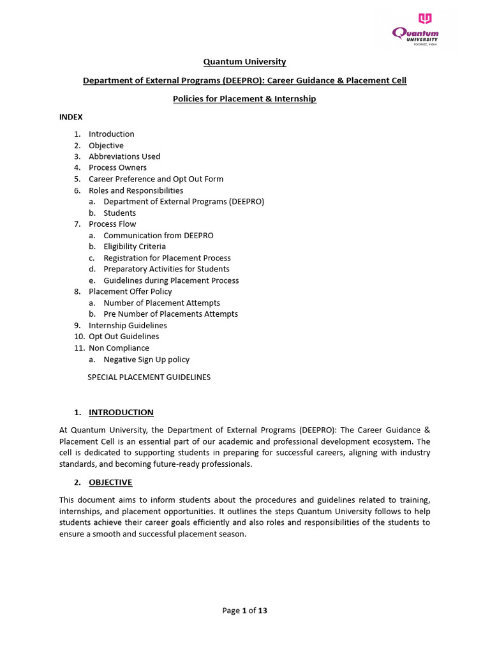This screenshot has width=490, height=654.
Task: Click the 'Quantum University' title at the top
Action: click(244, 62)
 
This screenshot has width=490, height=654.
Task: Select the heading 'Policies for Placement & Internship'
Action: click(244, 99)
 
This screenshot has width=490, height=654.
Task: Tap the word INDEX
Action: click(71, 117)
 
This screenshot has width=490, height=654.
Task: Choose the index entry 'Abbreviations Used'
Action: click(124, 156)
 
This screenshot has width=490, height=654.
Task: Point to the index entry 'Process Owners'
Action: click(117, 168)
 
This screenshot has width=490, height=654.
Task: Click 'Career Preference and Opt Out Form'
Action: click(156, 179)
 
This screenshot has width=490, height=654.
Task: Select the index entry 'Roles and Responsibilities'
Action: click(136, 190)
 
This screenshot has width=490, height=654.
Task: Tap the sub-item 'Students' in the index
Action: click(120, 213)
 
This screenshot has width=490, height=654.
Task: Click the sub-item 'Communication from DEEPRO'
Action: click(158, 236)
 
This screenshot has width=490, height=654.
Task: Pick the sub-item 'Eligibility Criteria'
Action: click(135, 247)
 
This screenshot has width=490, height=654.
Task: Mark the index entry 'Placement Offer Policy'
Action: click(130, 292)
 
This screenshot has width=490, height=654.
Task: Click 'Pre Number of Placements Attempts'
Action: click(170, 314)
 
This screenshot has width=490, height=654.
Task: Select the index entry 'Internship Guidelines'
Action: click(128, 326)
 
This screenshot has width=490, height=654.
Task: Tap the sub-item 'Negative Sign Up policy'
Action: click(146, 360)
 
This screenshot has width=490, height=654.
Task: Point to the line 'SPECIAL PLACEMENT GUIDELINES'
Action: click(149, 377)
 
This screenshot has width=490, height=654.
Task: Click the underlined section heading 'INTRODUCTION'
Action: click(121, 413)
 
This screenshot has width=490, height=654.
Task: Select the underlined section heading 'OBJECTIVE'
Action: click(110, 482)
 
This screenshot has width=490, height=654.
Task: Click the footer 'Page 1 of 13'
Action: click(244, 611)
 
